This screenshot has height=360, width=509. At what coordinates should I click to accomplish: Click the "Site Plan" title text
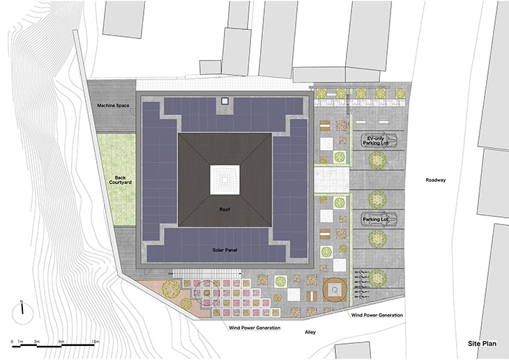[x=482, y=343]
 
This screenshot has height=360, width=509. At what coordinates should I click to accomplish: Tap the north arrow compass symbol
[x=22, y=313]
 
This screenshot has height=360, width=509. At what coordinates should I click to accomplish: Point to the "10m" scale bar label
[x=95, y=341]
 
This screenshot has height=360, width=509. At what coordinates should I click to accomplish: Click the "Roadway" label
[x=436, y=180]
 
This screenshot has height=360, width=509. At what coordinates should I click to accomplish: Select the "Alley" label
[x=310, y=332]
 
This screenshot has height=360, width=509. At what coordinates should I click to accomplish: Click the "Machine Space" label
[x=113, y=105]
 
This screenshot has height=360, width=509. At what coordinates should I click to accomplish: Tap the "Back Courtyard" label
[x=120, y=180]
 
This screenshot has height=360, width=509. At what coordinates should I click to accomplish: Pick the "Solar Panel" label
[x=225, y=250]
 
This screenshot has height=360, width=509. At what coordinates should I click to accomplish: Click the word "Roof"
[x=225, y=209]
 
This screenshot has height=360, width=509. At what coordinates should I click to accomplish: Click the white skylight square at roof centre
[x=225, y=180]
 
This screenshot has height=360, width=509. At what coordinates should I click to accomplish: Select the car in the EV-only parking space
[x=379, y=140]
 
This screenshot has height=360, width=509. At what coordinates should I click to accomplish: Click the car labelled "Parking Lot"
[x=379, y=219]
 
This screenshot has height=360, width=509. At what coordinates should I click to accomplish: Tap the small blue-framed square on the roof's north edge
[x=225, y=101]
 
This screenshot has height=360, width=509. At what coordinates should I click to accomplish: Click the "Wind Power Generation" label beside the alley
[x=377, y=315]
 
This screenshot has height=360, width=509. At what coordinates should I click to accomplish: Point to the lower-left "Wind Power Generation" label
[x=254, y=327]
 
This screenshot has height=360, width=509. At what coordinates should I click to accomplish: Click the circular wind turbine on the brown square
[x=335, y=289]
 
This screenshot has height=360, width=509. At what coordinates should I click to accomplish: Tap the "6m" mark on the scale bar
[x=61, y=341]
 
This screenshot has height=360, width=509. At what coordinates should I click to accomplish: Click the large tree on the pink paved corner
[x=171, y=289]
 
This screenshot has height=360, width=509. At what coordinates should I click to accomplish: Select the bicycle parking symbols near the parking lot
[x=360, y=284]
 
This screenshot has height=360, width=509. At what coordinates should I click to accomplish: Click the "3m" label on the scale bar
[x=37, y=341]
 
